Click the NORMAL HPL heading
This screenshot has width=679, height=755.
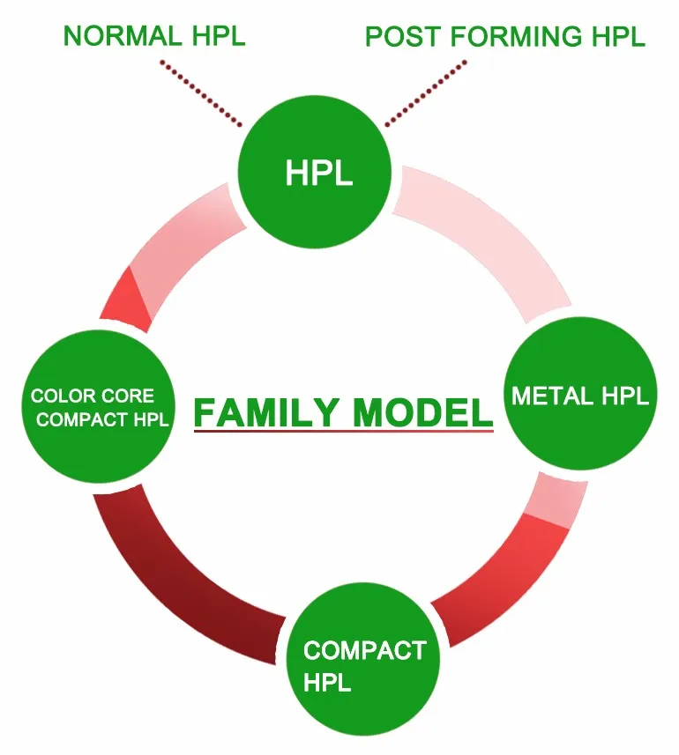tap(154, 36)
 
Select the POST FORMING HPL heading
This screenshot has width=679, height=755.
tap(504, 37)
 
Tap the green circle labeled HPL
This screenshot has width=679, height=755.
tap(317, 173)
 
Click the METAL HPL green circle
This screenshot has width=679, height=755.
tap(579, 396)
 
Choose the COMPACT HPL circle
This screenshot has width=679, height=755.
tap(364, 666)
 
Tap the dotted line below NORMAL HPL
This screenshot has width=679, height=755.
tap(201, 93)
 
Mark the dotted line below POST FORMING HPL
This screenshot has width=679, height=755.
tap(427, 93)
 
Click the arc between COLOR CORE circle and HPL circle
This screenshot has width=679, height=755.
tap(163, 264)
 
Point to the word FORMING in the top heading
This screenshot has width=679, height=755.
tap(504, 37)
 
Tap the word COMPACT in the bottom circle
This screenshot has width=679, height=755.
tap(364, 651)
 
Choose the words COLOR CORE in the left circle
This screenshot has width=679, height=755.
tap(92, 396)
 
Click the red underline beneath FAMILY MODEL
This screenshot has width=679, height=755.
tap(343, 431)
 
